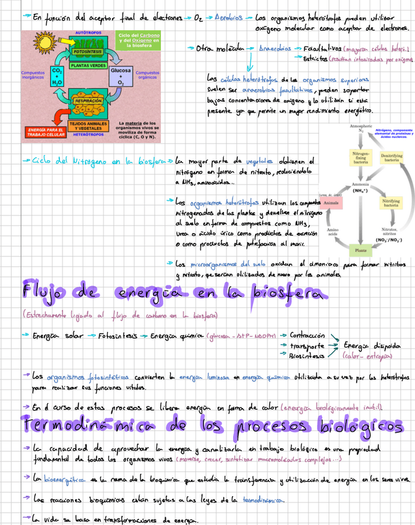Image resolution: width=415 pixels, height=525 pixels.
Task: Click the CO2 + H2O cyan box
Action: tap(57, 77)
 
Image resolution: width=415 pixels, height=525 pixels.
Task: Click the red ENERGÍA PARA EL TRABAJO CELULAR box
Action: tap(45, 131)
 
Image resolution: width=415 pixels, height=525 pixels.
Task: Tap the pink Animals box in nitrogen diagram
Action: tap(331, 203)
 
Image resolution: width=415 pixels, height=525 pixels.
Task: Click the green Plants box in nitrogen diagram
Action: tap(360, 250)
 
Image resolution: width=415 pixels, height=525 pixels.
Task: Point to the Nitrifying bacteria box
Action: tap(391, 203)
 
